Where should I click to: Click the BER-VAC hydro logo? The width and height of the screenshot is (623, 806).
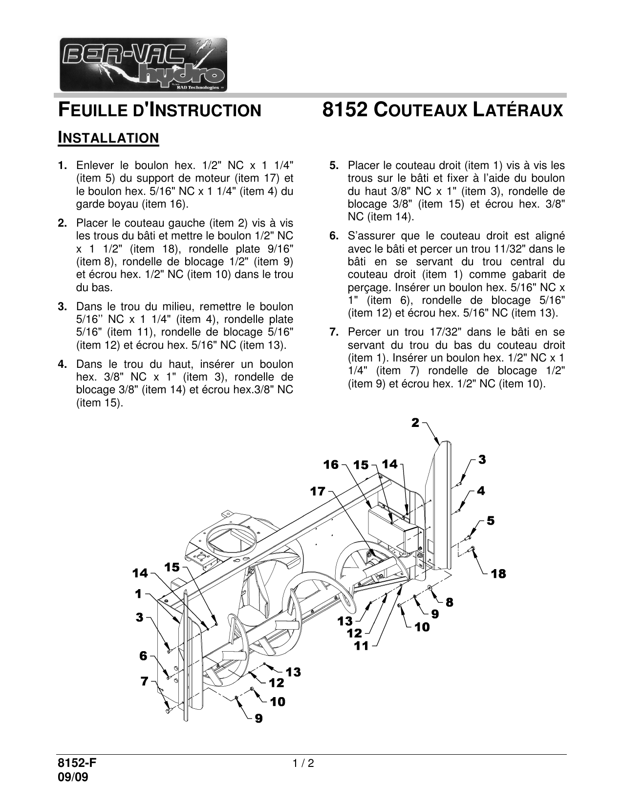143,64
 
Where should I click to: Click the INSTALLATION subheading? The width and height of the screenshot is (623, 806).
108,138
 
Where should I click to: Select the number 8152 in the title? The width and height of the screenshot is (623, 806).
344,109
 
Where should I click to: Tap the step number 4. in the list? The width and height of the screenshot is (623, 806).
62,364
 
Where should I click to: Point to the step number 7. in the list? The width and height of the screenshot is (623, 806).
334,333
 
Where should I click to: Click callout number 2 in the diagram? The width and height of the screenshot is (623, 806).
415,423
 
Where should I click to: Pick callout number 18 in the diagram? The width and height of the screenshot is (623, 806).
498,574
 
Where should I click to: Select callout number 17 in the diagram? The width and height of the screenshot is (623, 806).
318,491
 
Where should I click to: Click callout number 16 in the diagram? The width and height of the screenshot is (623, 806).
331,465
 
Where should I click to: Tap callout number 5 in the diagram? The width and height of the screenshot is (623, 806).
490,521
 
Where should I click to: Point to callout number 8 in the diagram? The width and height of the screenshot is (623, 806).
449,603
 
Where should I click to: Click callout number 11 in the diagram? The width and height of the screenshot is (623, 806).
362,646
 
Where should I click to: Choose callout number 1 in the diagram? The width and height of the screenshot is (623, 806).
138,594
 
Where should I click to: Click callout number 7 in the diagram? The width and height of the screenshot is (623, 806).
144,681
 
